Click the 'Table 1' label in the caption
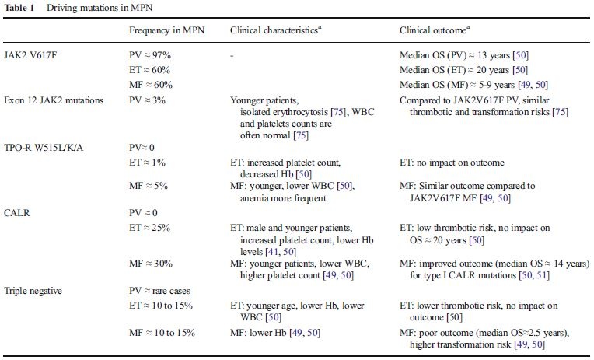click(19, 8)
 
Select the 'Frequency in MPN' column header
click(166, 30)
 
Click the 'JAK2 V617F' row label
click(30, 55)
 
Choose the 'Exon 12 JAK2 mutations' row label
click(54, 100)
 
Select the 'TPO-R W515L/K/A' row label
click(44, 148)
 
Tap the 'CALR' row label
click(17, 213)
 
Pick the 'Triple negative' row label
click(33, 291)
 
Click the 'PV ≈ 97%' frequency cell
click(150, 55)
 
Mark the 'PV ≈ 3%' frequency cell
click(147, 100)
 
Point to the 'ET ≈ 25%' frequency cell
click(149, 228)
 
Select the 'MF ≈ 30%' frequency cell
click(151, 264)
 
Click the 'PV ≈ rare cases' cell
click(159, 291)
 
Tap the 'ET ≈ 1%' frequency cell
click(147, 163)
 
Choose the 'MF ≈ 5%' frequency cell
click(148, 186)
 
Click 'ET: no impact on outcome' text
click(452, 163)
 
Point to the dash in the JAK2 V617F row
click(232, 56)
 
